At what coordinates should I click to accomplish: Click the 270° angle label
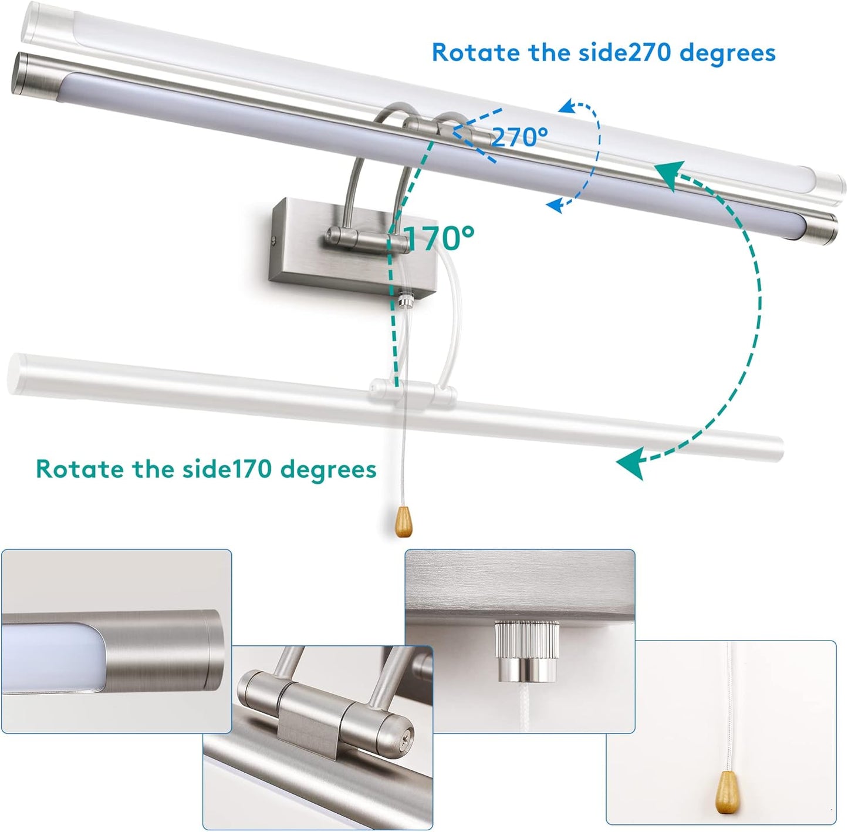tap(520, 137)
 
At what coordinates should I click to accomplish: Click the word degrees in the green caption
tap(328, 470)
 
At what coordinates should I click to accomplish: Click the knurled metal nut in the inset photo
tap(527, 649)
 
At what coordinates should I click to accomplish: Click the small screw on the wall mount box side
tap(275, 241)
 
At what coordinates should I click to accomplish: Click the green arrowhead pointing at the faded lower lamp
tap(631, 463)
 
